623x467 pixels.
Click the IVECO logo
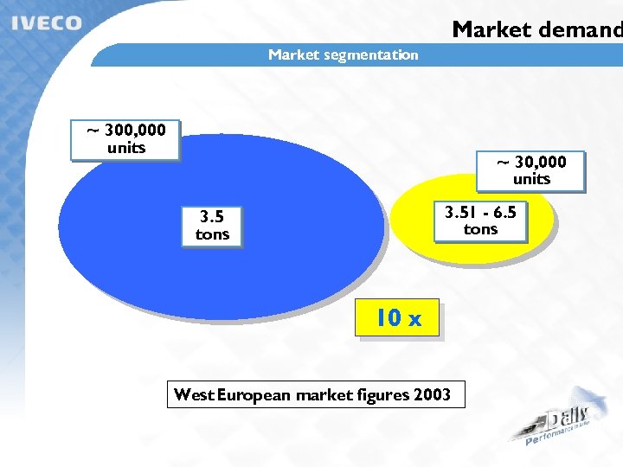click(x=47, y=23)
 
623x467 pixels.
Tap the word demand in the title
click(x=580, y=29)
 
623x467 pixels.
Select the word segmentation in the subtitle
click(x=371, y=54)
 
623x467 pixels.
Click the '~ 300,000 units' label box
click(x=125, y=139)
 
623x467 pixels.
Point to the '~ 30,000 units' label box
click(x=531, y=170)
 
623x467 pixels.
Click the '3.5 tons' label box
click(x=212, y=226)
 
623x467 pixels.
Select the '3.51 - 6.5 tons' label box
click(x=481, y=221)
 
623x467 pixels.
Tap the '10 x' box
click(x=398, y=318)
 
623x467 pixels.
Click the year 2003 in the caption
click(x=432, y=395)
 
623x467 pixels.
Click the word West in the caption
click(x=194, y=395)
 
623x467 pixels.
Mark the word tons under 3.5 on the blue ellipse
click(x=212, y=234)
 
